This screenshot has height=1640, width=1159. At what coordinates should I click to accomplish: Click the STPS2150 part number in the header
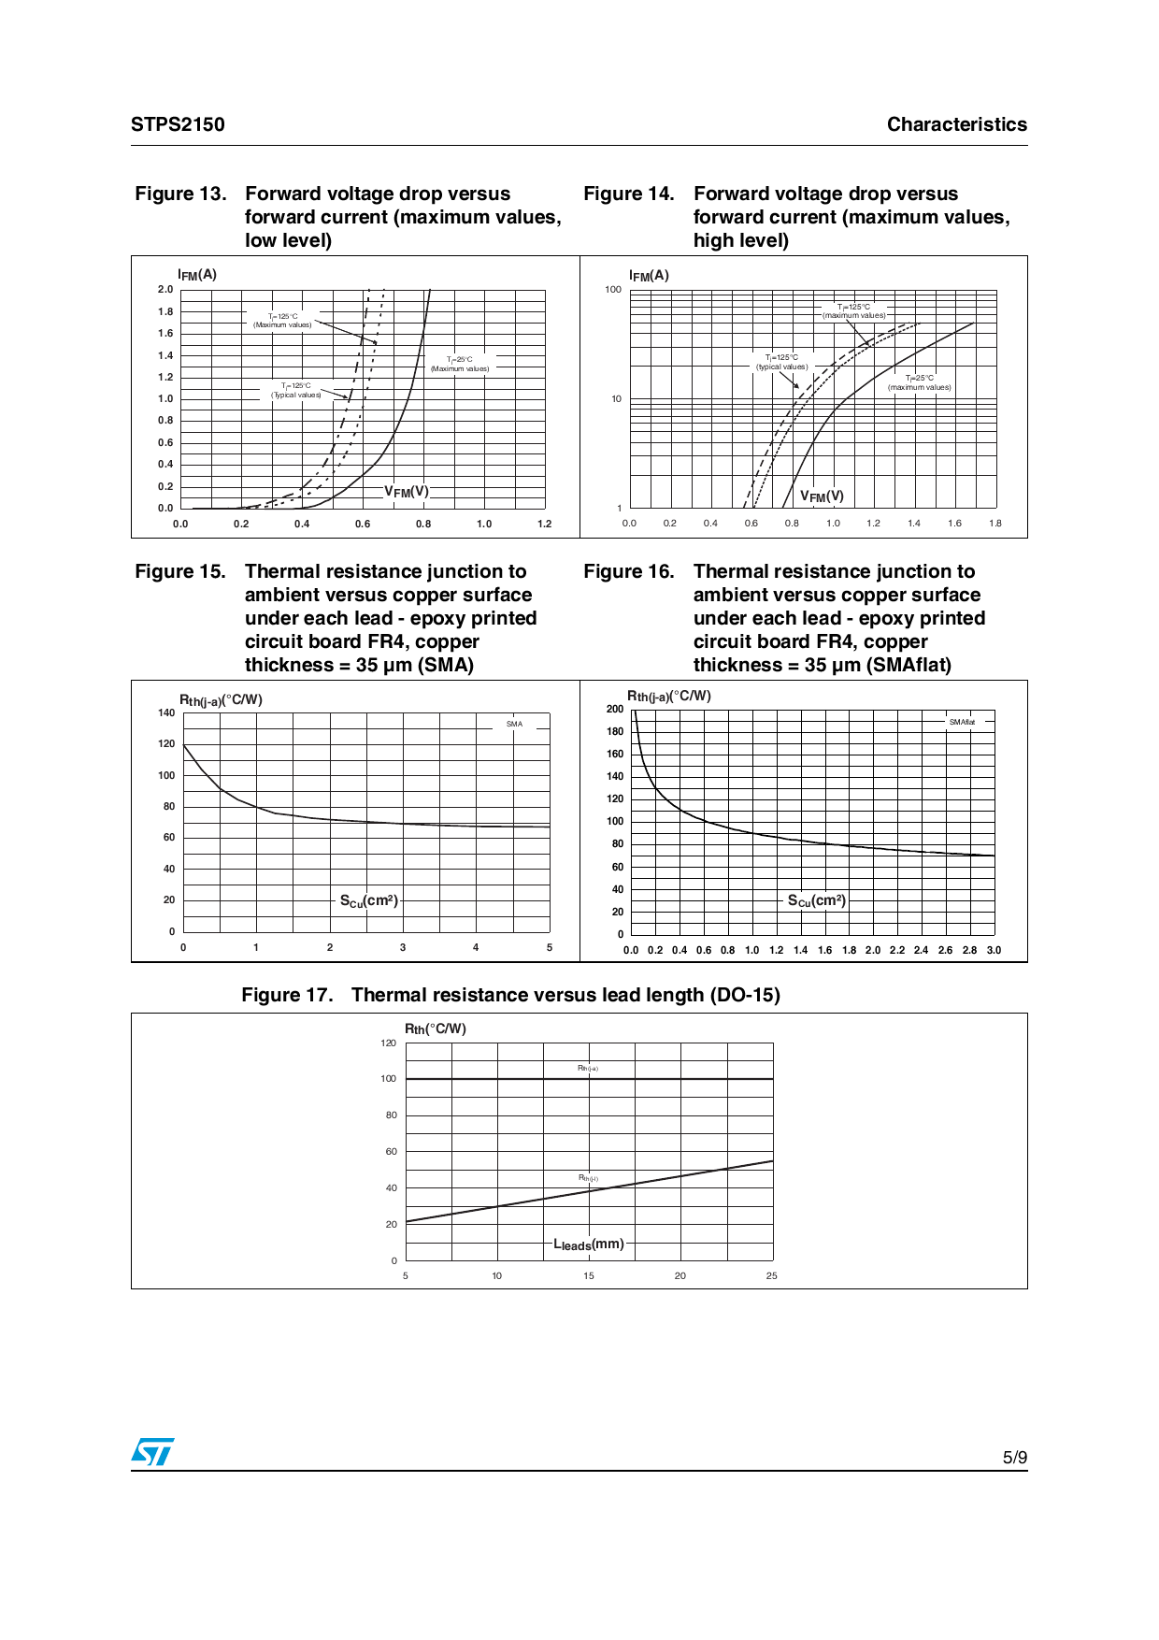pos(178,124)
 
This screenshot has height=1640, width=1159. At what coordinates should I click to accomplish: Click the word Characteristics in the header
pos(956,124)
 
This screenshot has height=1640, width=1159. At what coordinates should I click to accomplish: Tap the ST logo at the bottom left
pos(152,1451)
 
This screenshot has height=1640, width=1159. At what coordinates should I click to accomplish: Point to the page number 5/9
pos(1014,1458)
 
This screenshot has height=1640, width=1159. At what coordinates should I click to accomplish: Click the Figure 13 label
pos(180,194)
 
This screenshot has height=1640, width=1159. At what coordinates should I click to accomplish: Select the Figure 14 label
pos(628,194)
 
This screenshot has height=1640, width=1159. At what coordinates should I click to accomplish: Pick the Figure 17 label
pos(287,995)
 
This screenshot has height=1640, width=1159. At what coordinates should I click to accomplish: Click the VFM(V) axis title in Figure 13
pos(407,492)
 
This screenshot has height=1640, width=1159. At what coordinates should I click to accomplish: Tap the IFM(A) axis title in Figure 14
pos(649,276)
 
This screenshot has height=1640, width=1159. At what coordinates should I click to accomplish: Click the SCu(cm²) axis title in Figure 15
pos(368,900)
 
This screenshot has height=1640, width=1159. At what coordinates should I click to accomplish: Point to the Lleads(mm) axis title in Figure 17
pos(589,1244)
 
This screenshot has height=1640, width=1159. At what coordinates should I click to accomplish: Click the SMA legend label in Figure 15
pos(514,724)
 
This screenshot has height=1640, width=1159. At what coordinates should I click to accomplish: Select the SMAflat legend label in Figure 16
pos(962,722)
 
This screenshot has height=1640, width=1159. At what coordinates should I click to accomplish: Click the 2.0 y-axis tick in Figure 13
pos(165,290)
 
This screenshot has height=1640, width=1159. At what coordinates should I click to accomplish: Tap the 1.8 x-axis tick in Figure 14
pos(995,524)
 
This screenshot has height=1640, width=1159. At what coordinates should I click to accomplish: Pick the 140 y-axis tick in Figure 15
pos(166,712)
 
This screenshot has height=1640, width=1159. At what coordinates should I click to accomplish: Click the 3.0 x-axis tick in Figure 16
pos(994,950)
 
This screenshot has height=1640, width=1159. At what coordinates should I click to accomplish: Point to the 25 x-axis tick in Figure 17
pos(772,1275)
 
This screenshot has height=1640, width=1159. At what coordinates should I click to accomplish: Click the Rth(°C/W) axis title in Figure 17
pos(435,1029)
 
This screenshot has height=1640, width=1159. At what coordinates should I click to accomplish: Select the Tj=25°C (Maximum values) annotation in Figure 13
pos(460,364)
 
